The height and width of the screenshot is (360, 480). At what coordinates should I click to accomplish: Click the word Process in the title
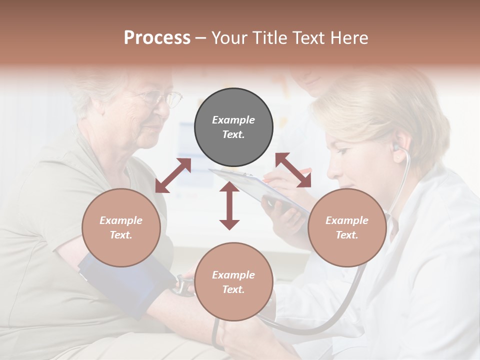tap(157, 38)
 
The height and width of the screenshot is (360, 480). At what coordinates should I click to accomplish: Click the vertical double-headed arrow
tap(229, 205)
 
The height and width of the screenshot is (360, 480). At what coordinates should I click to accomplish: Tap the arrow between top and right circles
tap(293, 170)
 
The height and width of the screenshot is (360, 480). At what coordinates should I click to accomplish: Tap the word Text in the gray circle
tap(233, 134)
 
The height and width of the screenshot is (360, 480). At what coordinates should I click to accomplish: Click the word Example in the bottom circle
tap(233, 275)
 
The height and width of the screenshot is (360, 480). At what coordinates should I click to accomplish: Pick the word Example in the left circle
tap(121, 220)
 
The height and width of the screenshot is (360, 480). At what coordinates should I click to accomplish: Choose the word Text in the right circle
tap(347, 235)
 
